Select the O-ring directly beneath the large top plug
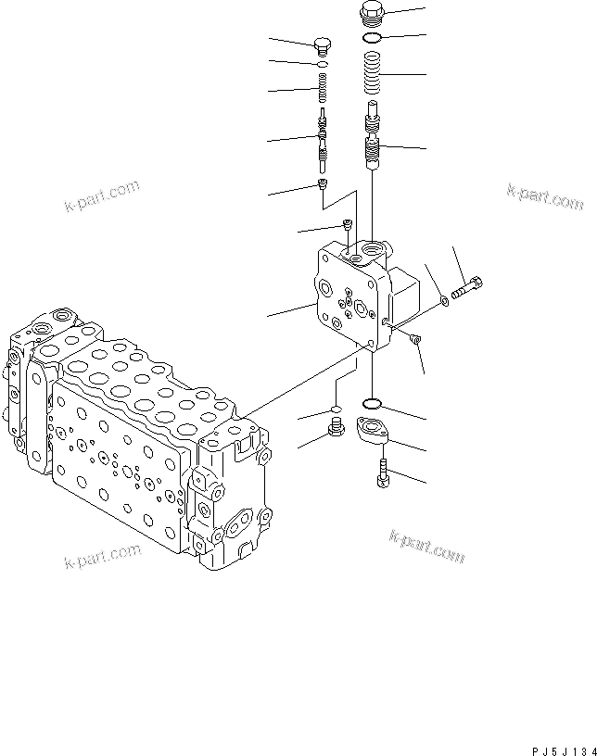371,38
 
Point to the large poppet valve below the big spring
373,139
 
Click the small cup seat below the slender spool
323,187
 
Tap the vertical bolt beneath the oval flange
382,473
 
